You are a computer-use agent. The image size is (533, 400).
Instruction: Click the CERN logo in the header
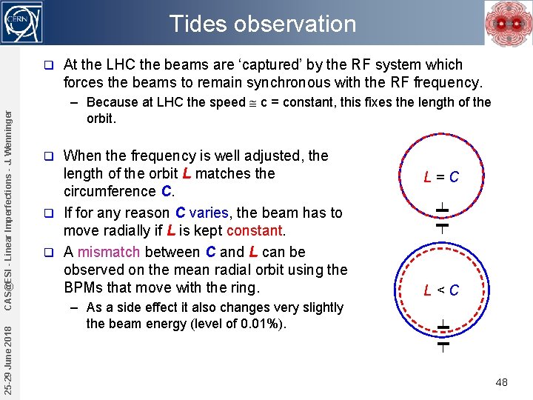pyautogui.click(x=23, y=21)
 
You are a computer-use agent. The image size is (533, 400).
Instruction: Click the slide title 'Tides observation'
pyautogui.click(x=263, y=24)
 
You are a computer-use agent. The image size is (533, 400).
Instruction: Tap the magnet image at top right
pyautogui.click(x=508, y=23)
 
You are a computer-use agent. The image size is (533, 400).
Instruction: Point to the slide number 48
pyautogui.click(x=501, y=382)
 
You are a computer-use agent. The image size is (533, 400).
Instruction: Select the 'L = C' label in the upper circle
pyautogui.click(x=441, y=177)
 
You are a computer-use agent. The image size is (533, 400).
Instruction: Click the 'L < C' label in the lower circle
pyautogui.click(x=441, y=290)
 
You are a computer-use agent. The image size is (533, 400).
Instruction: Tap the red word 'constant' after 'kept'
pyautogui.click(x=255, y=231)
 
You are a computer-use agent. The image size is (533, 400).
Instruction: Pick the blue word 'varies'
pyautogui.click(x=209, y=213)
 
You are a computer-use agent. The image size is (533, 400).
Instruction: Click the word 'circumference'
pyautogui.click(x=110, y=192)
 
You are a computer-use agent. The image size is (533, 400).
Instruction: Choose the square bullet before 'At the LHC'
pyautogui.click(x=48, y=65)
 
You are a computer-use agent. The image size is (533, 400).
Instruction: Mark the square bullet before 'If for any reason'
pyautogui.click(x=48, y=213)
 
